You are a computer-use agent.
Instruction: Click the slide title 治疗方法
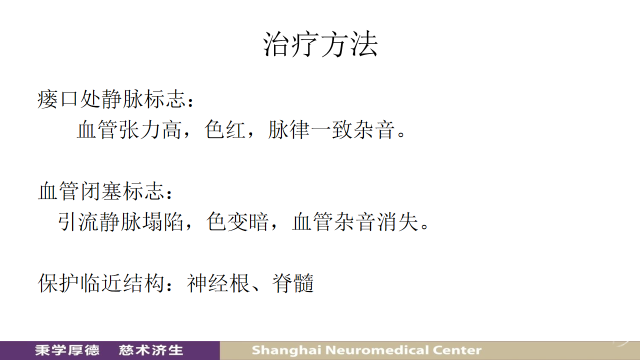[x=320, y=44]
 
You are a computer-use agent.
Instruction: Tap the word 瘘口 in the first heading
[x=57, y=99]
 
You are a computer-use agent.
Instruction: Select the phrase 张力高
[x=150, y=129]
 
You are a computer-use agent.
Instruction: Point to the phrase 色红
[x=225, y=129]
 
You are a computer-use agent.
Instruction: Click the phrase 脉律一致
[x=310, y=129]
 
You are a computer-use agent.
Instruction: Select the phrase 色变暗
[x=237, y=221]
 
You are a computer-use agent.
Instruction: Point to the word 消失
[x=397, y=221]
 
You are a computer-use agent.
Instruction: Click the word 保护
[x=58, y=283]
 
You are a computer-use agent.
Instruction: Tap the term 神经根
[x=218, y=283]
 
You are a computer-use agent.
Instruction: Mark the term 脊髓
[x=293, y=283]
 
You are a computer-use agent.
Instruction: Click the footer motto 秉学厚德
[x=67, y=350]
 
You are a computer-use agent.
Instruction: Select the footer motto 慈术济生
[x=151, y=350]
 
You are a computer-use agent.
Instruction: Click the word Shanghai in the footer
[x=286, y=350]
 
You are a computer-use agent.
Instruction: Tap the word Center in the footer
[x=457, y=350]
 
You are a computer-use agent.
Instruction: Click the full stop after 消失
[x=425, y=226]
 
